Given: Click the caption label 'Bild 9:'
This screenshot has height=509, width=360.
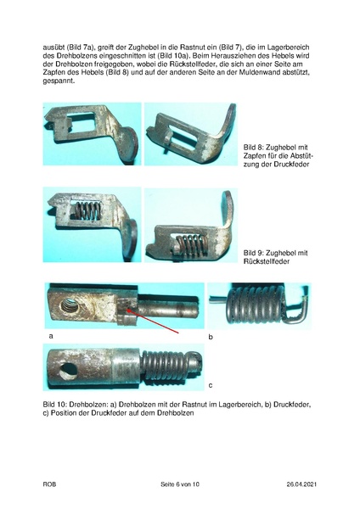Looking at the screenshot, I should point(254,254).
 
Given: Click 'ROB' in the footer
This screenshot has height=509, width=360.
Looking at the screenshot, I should point(51,484).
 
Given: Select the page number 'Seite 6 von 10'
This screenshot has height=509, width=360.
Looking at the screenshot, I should point(179,484).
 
